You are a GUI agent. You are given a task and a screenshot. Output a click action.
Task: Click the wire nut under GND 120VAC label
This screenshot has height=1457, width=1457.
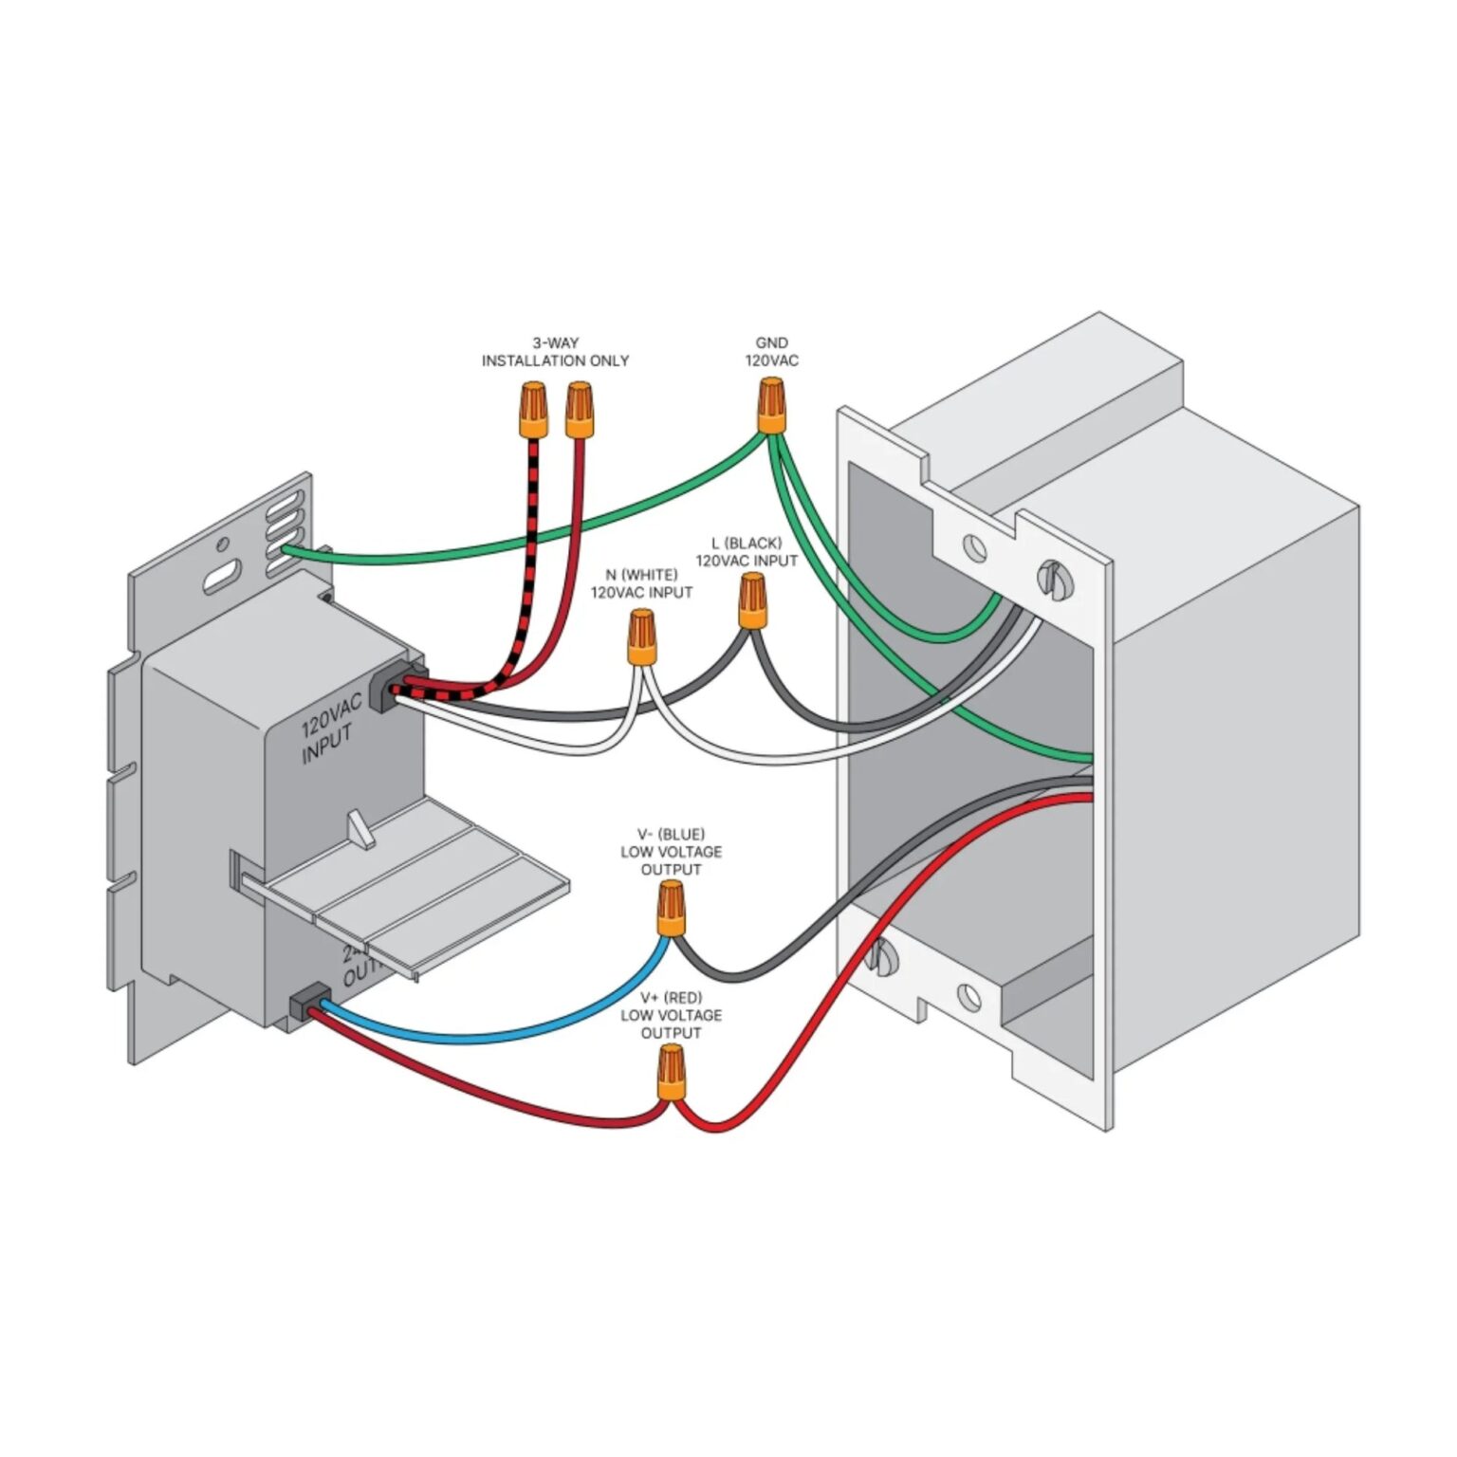772,405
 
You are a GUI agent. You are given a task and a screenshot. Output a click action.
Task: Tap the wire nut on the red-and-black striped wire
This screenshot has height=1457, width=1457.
533,409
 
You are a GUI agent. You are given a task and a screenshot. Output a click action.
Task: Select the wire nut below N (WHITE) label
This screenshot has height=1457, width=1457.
642,637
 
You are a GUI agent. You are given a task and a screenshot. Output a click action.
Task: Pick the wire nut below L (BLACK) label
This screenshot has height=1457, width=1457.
752,600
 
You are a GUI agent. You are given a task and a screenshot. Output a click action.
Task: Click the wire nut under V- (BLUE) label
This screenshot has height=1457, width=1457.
672,908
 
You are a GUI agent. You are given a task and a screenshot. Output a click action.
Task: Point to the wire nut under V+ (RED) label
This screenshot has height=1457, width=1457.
671,1072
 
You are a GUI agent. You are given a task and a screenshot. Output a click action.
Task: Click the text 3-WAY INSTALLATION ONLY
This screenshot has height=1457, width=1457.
555,352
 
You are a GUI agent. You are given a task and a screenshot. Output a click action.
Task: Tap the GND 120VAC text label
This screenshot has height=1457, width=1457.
771,352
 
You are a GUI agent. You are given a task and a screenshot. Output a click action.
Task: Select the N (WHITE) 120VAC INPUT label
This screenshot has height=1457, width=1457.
641,583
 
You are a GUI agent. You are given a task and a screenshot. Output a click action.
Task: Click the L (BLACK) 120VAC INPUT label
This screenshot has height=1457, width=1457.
747,552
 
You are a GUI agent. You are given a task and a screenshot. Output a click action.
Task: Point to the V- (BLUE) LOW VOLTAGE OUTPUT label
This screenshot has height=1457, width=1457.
671,852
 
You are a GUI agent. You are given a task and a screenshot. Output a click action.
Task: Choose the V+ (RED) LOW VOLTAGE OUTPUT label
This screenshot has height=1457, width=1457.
671,1015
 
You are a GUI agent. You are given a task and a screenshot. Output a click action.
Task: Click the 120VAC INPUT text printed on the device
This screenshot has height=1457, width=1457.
330,728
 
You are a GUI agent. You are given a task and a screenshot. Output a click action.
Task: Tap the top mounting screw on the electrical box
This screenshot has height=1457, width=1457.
1051,578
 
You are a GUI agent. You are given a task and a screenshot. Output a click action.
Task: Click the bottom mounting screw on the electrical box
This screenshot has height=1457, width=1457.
881,956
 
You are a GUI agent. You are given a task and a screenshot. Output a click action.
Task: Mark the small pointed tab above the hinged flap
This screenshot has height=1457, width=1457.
361,828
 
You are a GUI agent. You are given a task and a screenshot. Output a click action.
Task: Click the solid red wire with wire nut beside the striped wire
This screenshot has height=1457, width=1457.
575,531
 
